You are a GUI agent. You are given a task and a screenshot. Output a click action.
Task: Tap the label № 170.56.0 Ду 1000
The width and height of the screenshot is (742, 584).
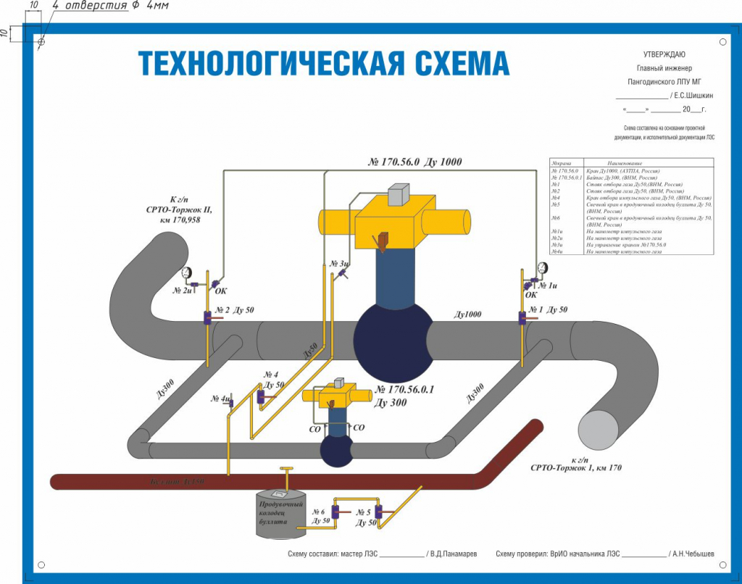(414, 162)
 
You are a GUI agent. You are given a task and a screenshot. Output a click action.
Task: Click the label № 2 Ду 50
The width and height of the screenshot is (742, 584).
(234, 310)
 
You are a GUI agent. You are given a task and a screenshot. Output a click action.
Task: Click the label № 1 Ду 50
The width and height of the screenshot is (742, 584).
(548, 310)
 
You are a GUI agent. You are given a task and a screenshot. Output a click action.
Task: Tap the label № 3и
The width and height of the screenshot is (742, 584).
(339, 264)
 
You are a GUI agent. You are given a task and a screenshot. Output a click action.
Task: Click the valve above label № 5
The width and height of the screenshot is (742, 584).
(378, 512)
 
